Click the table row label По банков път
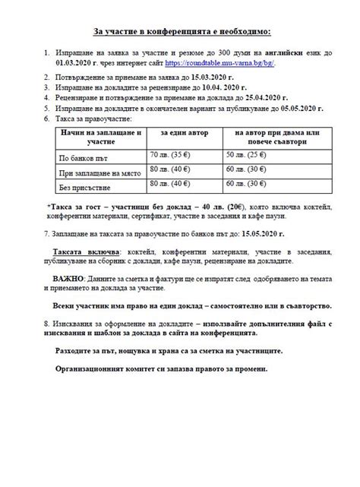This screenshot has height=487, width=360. click(79, 157)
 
